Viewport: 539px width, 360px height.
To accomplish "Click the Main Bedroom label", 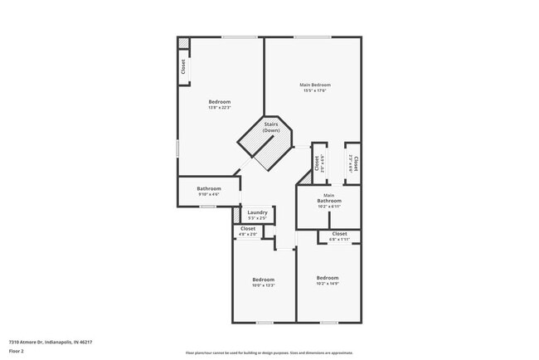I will [x=315, y=85].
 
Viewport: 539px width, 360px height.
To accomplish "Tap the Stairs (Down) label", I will [x=270, y=128].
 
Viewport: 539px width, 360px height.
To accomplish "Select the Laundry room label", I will [x=257, y=212].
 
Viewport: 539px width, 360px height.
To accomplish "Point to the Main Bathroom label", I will [x=328, y=198].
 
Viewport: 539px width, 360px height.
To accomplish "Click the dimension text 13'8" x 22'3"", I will [x=220, y=108].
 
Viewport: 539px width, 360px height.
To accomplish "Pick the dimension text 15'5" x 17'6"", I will [x=315, y=90].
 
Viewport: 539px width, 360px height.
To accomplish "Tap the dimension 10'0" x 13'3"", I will [x=263, y=285].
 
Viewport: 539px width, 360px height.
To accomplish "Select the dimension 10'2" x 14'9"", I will [x=328, y=283].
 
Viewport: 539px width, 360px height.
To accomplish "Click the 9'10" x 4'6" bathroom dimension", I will [x=208, y=195].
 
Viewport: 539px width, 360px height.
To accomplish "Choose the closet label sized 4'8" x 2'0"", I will [x=248, y=235].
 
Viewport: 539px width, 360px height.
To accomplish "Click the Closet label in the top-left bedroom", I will [x=183, y=67].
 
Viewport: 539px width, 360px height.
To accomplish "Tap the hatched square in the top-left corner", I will [x=183, y=43].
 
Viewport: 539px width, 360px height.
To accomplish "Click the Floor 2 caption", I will [x=17, y=351].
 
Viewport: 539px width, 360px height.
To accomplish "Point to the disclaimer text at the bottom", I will [x=269, y=351].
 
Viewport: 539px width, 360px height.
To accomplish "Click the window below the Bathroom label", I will [x=208, y=207].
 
